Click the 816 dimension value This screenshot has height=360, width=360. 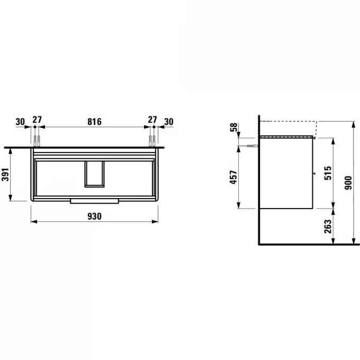pyautogui.click(x=94, y=121)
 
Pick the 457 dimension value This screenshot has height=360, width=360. pyautogui.click(x=233, y=179)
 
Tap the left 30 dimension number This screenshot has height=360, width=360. pyautogui.click(x=21, y=121)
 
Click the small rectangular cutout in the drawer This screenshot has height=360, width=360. pyautogui.click(x=94, y=174)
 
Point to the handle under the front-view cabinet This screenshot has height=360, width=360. pyautogui.click(x=94, y=201)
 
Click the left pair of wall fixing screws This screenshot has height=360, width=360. pyautogui.click(x=37, y=140)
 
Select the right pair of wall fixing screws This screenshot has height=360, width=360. pyautogui.click(x=152, y=140)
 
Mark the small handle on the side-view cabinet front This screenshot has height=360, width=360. pyautogui.click(x=315, y=173)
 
